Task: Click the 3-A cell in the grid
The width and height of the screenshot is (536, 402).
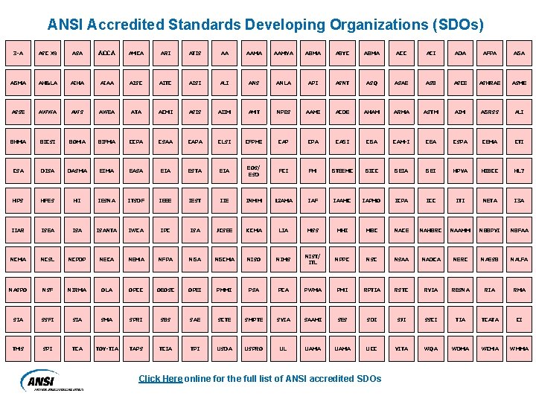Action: [18, 52]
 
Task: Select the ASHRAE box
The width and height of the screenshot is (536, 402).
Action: [489, 82]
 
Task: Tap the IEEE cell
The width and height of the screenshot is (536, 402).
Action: [165, 201]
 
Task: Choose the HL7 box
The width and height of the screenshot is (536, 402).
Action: [518, 171]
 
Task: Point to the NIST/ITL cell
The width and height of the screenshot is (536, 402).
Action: [312, 260]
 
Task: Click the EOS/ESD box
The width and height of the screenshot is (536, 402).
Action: [253, 171]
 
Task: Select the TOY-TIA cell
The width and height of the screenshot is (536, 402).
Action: [106, 348]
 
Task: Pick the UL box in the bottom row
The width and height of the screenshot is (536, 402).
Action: [283, 348]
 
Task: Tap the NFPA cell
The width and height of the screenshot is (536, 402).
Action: [165, 260]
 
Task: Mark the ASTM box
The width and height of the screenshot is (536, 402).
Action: [430, 112]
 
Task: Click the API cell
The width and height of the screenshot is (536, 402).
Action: [312, 82]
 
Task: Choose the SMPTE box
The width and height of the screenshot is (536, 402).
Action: [253, 319]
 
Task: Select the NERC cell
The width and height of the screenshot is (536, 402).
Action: [459, 260]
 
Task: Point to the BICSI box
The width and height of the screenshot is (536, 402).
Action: [48, 141]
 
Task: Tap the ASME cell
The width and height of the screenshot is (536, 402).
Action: [518, 82]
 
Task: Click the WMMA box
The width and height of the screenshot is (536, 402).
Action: [518, 348]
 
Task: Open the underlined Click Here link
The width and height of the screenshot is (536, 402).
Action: [160, 378]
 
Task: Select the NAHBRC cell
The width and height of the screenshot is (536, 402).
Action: [430, 230]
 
